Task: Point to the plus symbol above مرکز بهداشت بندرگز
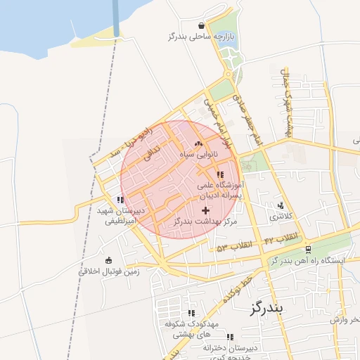tap(205, 210)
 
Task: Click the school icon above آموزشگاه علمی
tap(220, 174)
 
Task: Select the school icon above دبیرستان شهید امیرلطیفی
tap(122, 200)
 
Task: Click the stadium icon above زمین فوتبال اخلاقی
tap(108, 260)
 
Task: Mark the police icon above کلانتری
tap(282, 206)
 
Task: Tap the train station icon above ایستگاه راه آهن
tap(308, 250)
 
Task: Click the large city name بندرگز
tap(265, 308)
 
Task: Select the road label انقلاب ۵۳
tap(233, 247)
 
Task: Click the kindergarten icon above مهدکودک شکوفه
tap(191, 314)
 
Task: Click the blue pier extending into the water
tap(116, 17)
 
